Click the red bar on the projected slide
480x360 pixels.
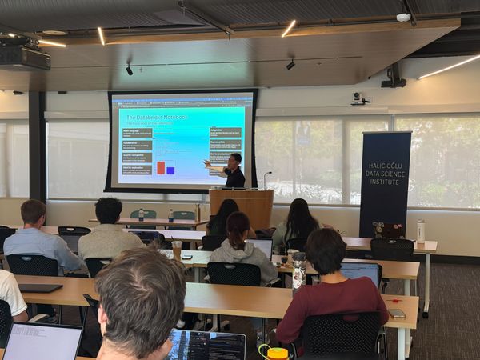(x=161, y=167)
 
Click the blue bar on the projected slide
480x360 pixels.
(x=170, y=170)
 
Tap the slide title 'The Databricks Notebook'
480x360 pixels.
(x=157, y=117)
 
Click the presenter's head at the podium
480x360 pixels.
(x=235, y=159)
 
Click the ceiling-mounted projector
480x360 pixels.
(x=24, y=57)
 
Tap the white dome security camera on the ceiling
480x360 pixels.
(x=403, y=17)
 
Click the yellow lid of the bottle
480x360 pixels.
(x=277, y=353)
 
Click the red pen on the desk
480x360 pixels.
(x=187, y=258)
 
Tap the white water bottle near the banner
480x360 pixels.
(x=421, y=232)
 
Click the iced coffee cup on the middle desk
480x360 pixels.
(x=177, y=251)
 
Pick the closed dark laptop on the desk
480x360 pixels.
(x=40, y=288)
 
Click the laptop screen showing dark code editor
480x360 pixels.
(x=206, y=346)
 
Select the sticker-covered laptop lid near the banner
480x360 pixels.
(x=389, y=230)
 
